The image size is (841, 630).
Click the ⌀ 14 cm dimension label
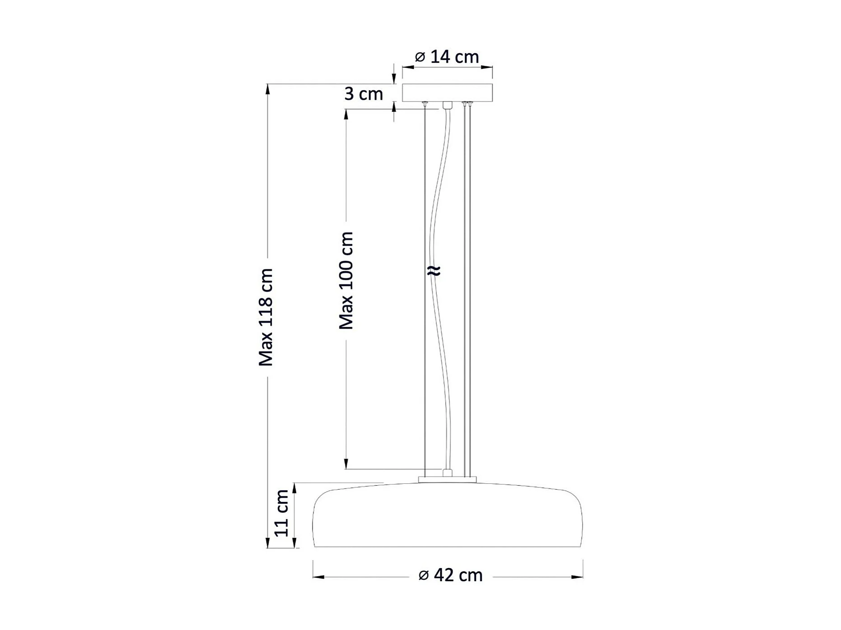click(447, 57)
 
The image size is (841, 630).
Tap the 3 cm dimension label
click(364, 94)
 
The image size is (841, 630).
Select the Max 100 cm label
click(346, 280)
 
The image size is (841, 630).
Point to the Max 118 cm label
click(266, 317)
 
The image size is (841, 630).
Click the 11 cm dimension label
click(282, 513)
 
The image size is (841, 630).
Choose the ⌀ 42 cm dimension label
click(451, 575)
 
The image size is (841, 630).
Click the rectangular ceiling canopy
click(447, 93)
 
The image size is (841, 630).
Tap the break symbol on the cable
click(434, 271)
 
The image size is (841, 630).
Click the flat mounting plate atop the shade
click(447, 480)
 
